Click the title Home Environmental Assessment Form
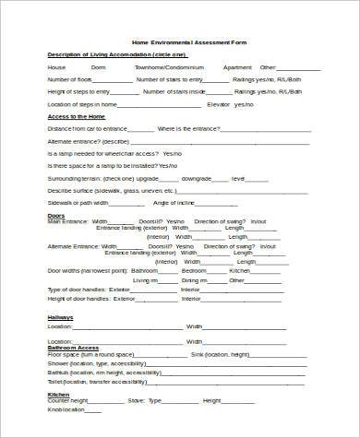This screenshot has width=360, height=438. coord(189,43)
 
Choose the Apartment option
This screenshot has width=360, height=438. coord(237,67)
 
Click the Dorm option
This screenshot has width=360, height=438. coord(98,67)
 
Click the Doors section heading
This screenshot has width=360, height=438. coord(55,215)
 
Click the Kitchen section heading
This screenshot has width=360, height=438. coord(58,393)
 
